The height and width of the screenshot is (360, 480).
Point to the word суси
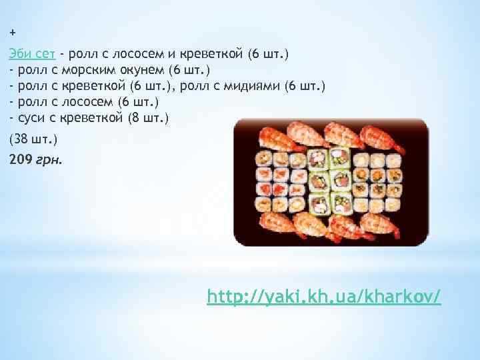(x=31, y=118)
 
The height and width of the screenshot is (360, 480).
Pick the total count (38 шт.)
(x=33, y=139)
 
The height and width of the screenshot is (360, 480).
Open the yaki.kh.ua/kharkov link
(x=324, y=295)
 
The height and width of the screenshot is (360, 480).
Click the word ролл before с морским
(x=29, y=69)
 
